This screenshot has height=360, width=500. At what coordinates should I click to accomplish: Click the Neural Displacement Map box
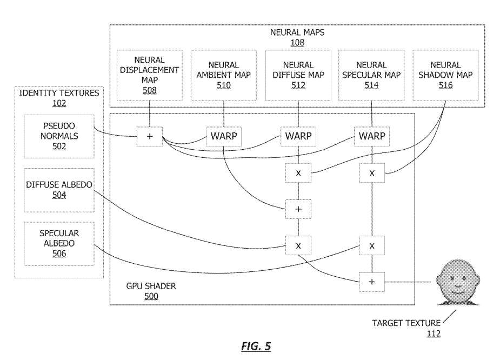(x=149, y=75)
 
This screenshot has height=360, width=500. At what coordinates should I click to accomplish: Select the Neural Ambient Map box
(x=223, y=75)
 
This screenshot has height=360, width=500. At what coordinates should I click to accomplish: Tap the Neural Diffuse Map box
(x=298, y=75)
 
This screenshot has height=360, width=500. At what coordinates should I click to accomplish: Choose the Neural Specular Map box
(x=371, y=75)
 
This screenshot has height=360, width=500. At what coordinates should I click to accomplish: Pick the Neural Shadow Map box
(x=445, y=75)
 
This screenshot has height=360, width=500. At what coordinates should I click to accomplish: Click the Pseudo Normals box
(x=59, y=136)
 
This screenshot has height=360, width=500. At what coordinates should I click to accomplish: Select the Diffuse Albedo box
(x=59, y=190)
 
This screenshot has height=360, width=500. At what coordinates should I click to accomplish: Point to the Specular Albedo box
(x=59, y=243)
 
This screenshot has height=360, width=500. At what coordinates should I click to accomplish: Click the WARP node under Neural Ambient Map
(x=223, y=136)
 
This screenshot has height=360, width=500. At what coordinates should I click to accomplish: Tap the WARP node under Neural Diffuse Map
(x=298, y=136)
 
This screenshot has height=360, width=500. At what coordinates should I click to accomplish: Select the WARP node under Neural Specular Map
(x=372, y=136)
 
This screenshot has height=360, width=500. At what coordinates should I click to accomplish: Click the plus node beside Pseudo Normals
(x=150, y=136)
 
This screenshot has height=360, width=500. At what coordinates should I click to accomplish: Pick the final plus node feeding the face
(x=372, y=282)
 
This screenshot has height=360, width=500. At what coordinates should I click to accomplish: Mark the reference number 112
(x=433, y=334)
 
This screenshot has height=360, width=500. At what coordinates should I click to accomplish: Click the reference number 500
(x=151, y=296)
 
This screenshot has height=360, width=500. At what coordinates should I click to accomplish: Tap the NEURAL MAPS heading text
(x=297, y=32)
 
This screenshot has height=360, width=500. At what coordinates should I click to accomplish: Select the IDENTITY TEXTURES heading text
(x=59, y=93)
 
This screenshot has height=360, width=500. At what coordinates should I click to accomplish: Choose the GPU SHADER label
(x=151, y=286)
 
